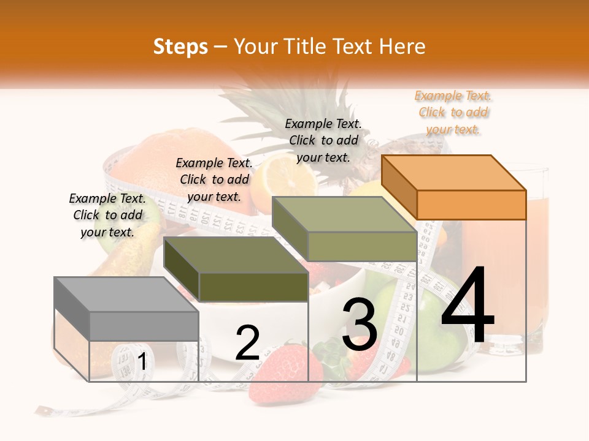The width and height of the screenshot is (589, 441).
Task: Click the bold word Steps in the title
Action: [180, 47]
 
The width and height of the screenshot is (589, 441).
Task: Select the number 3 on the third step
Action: [360, 325]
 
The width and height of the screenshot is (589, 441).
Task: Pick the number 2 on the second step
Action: [247, 343]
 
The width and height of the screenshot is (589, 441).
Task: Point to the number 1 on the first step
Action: [142, 361]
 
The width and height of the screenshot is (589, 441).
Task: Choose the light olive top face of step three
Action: [344, 214]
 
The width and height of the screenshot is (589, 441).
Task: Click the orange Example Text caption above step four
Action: [453, 113]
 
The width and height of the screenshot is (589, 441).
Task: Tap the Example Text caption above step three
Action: [323, 140]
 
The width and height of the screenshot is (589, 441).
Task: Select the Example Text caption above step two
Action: [214, 179]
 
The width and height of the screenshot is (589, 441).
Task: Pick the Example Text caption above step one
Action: [107, 215]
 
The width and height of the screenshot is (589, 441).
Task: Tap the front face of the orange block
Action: [471, 205]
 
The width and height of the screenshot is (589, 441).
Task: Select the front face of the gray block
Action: [144, 326]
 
